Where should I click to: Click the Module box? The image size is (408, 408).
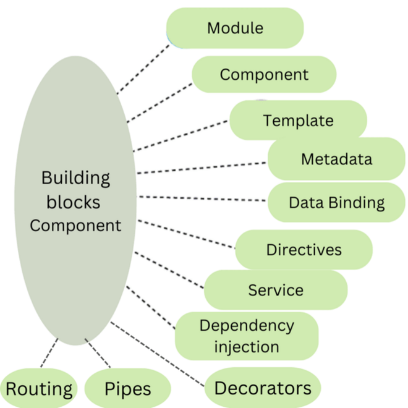pyautogui.click(x=235, y=28)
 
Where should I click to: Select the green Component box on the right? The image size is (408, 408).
pyautogui.click(x=264, y=75)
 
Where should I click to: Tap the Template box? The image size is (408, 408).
pyautogui.click(x=298, y=121)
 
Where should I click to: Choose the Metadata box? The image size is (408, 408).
pyautogui.click(x=336, y=159)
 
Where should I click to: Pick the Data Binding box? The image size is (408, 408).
pyautogui.click(x=336, y=202)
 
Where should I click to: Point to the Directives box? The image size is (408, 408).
pyautogui.click(x=304, y=250)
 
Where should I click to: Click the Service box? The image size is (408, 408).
pyautogui.click(x=276, y=290)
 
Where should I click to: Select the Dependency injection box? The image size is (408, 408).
pyautogui.click(x=247, y=336)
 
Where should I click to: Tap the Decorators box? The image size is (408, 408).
pyautogui.click(x=263, y=388)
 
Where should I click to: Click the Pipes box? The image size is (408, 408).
pyautogui.click(x=127, y=389)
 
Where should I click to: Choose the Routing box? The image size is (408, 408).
pyautogui.click(x=39, y=389)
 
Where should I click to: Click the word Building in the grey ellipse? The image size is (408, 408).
pyautogui.click(x=75, y=178)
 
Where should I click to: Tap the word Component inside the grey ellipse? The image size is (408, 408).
pyautogui.click(x=75, y=225)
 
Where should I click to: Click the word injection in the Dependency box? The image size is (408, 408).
pyautogui.click(x=247, y=347)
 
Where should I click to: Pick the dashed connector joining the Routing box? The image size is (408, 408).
pyautogui.click(x=48, y=353)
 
